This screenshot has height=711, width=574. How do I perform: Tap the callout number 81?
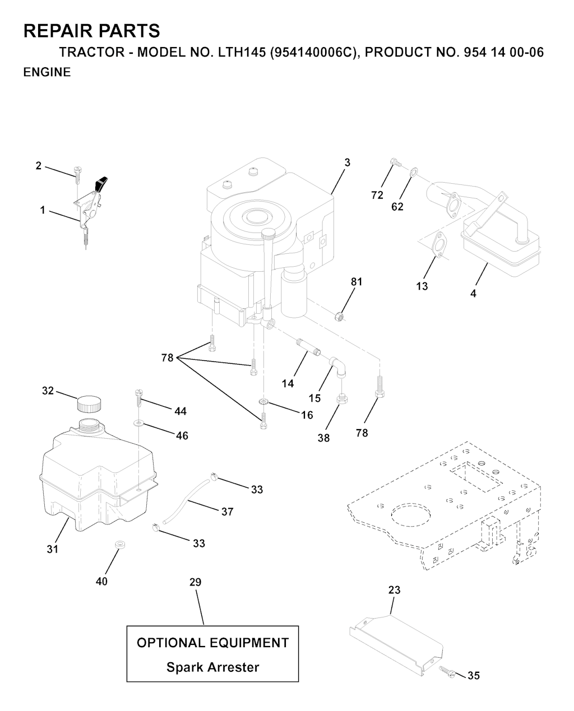[x=357, y=282]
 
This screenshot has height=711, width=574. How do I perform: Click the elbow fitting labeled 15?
[x=338, y=367]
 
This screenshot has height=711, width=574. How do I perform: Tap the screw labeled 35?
[x=447, y=673]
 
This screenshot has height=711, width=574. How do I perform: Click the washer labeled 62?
[x=414, y=171]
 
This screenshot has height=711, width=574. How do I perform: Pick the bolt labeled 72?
[x=395, y=162]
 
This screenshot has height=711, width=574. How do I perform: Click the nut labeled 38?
[x=342, y=399]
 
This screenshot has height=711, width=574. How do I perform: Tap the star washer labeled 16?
[x=263, y=402]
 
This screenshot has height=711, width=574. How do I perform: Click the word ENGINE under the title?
[x=47, y=72]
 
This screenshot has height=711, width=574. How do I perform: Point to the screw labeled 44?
[x=139, y=400]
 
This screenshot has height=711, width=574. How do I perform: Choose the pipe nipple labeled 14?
[x=308, y=347]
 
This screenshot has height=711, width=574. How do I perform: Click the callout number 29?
[x=196, y=582]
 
